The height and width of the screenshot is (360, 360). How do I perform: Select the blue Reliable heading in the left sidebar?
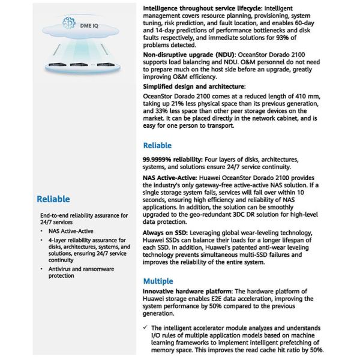point(53,199)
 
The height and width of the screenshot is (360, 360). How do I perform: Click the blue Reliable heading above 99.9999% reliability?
point(157,145)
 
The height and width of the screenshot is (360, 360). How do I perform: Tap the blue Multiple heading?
point(158,281)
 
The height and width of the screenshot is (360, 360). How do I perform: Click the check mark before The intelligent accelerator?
point(146,328)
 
